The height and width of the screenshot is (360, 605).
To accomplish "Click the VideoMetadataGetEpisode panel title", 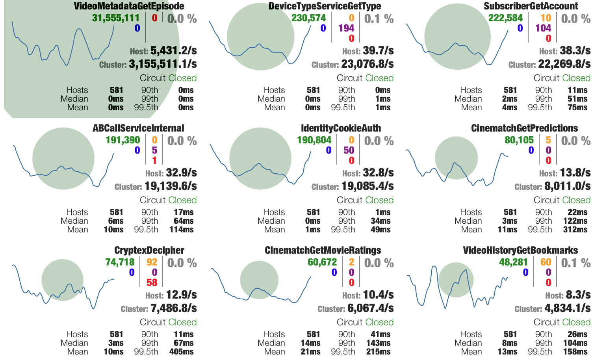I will tap(129, 6).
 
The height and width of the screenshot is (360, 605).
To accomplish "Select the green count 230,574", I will tap(308, 18).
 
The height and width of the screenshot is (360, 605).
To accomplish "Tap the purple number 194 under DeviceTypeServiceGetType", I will tap(346, 28).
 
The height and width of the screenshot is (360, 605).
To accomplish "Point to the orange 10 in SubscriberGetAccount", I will tap(546, 18).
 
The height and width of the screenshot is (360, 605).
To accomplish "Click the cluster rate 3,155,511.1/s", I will tap(163, 64).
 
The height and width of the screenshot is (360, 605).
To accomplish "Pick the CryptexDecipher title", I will tap(149, 251).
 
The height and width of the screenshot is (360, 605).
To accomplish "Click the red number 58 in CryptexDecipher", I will tap(152, 283).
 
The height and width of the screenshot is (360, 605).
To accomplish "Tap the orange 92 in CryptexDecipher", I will tap(152, 262).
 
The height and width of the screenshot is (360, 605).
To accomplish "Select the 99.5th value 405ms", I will tap(181, 352).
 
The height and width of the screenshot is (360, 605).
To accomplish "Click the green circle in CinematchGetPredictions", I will tap(456, 158).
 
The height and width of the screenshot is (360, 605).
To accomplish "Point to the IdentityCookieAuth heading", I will tap(341, 128).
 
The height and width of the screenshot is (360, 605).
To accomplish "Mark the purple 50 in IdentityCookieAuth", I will tap(349, 150).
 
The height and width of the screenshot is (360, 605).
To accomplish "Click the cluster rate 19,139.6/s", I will tap(171, 186).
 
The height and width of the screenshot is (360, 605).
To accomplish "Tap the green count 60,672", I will tap(322, 262).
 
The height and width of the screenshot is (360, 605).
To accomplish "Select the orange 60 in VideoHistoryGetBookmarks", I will tap(546, 262).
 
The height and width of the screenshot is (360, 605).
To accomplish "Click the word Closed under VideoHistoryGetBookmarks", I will tap(576, 322).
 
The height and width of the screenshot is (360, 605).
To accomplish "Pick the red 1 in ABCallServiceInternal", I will tap(154, 161).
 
